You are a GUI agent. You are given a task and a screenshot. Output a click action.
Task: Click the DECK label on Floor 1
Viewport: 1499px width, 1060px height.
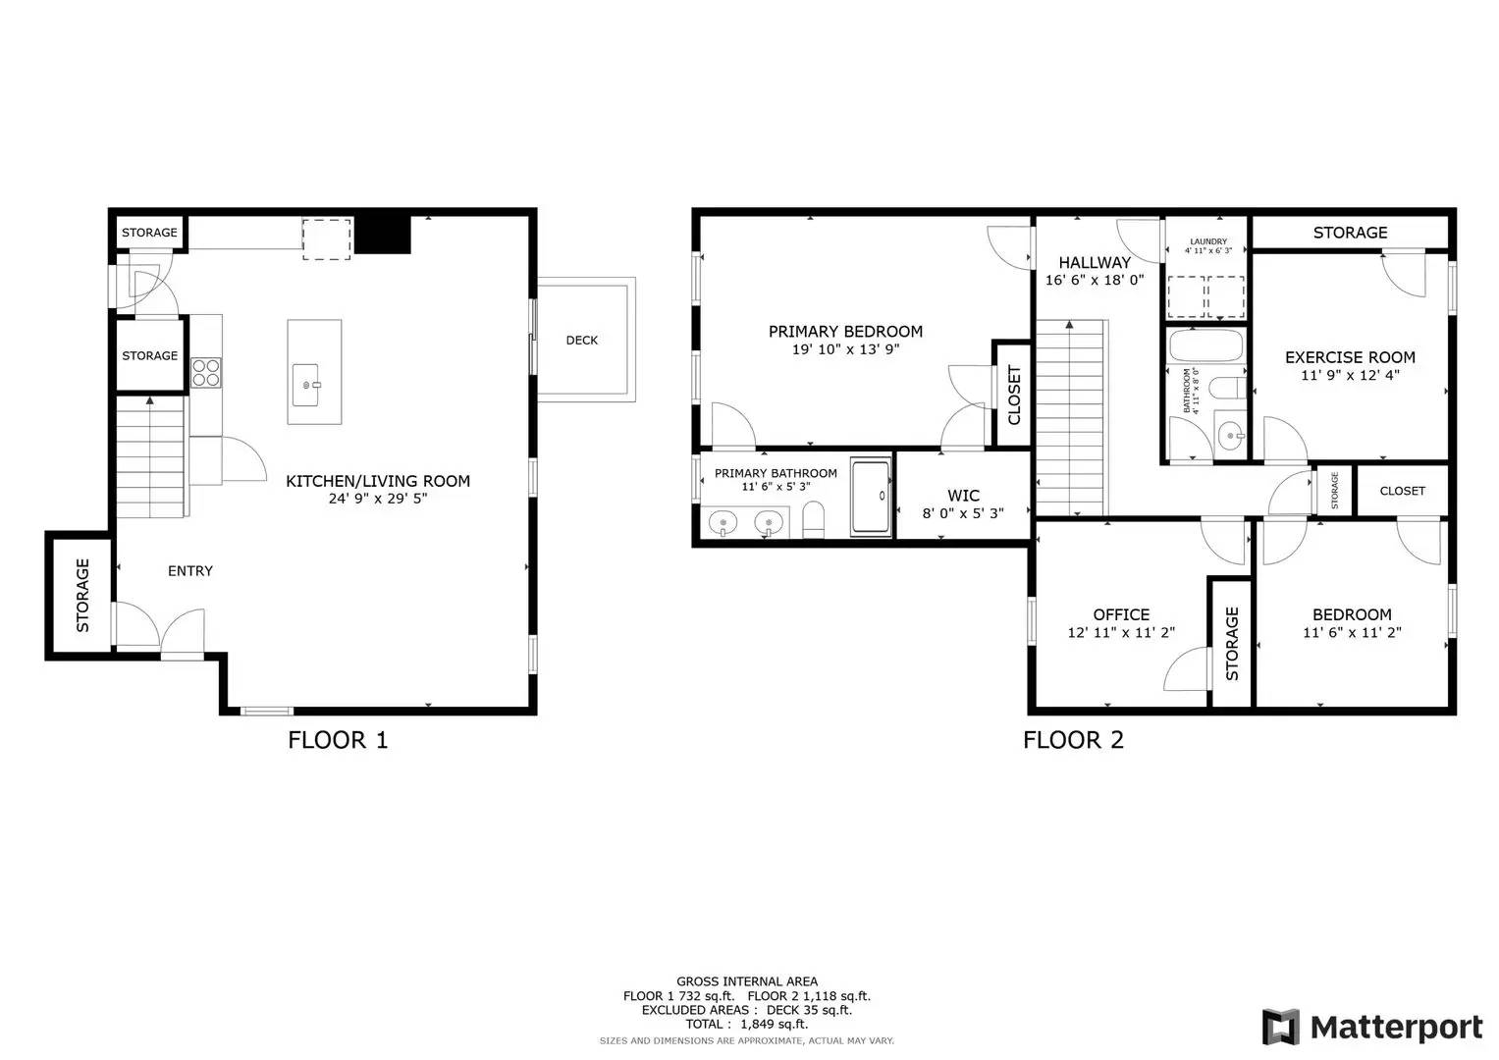(x=581, y=341)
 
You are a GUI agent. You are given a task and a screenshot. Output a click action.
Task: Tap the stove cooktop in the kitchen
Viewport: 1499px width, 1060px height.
(x=206, y=372)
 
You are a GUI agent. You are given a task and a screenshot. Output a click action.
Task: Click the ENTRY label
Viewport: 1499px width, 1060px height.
(x=189, y=571)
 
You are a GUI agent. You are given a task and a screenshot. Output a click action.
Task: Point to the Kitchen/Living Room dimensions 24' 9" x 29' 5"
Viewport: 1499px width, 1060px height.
(x=378, y=499)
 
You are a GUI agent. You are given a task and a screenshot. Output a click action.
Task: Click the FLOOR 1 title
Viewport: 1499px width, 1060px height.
(x=338, y=740)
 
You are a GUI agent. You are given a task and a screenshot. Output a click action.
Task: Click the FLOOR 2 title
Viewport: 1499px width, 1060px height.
(x=1073, y=740)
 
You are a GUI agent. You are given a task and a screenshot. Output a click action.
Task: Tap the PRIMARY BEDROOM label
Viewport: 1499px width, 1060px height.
(x=845, y=332)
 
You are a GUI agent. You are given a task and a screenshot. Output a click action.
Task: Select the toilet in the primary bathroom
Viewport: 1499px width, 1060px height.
(x=813, y=519)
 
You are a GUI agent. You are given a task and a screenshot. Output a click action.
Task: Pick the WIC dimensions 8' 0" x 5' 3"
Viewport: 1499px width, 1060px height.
(x=963, y=513)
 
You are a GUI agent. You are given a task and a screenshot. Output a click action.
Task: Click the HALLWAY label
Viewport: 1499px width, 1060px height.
(x=1095, y=263)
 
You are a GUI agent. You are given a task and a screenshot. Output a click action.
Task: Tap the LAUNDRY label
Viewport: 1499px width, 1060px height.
(x=1207, y=241)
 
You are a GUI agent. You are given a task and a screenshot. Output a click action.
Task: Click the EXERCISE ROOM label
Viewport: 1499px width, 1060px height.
(x=1350, y=358)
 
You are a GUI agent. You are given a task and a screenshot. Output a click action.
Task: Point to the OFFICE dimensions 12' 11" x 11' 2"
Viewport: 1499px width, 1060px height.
(x=1121, y=633)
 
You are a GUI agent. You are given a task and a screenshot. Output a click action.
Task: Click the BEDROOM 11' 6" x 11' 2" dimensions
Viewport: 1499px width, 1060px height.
(x=1352, y=633)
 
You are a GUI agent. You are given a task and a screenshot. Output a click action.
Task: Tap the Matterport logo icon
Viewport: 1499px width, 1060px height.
(x=1281, y=1028)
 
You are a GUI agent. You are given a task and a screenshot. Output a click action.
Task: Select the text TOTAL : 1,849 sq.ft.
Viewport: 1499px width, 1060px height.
(x=746, y=1024)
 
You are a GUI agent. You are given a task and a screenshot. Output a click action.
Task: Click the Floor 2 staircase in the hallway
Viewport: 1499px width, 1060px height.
(x=1072, y=417)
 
